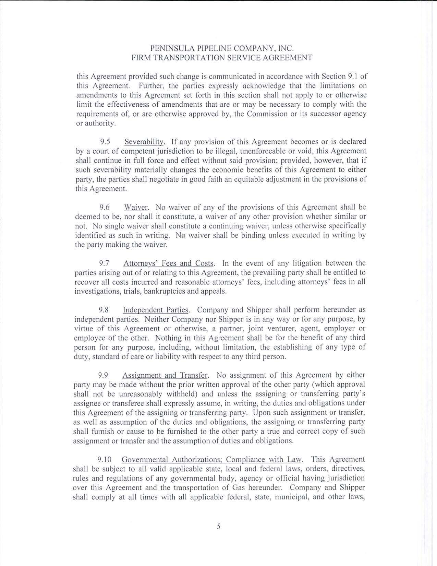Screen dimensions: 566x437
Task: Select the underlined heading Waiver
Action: coord(136,207)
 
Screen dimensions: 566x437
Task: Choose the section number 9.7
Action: coord(104,263)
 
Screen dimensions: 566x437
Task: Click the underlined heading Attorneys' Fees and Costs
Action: coord(169,263)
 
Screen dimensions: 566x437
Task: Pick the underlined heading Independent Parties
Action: coord(156,310)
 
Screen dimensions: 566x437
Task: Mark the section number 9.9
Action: coord(104,375)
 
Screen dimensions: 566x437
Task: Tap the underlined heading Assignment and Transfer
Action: coord(166,375)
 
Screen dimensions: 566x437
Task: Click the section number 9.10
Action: coord(105,459)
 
